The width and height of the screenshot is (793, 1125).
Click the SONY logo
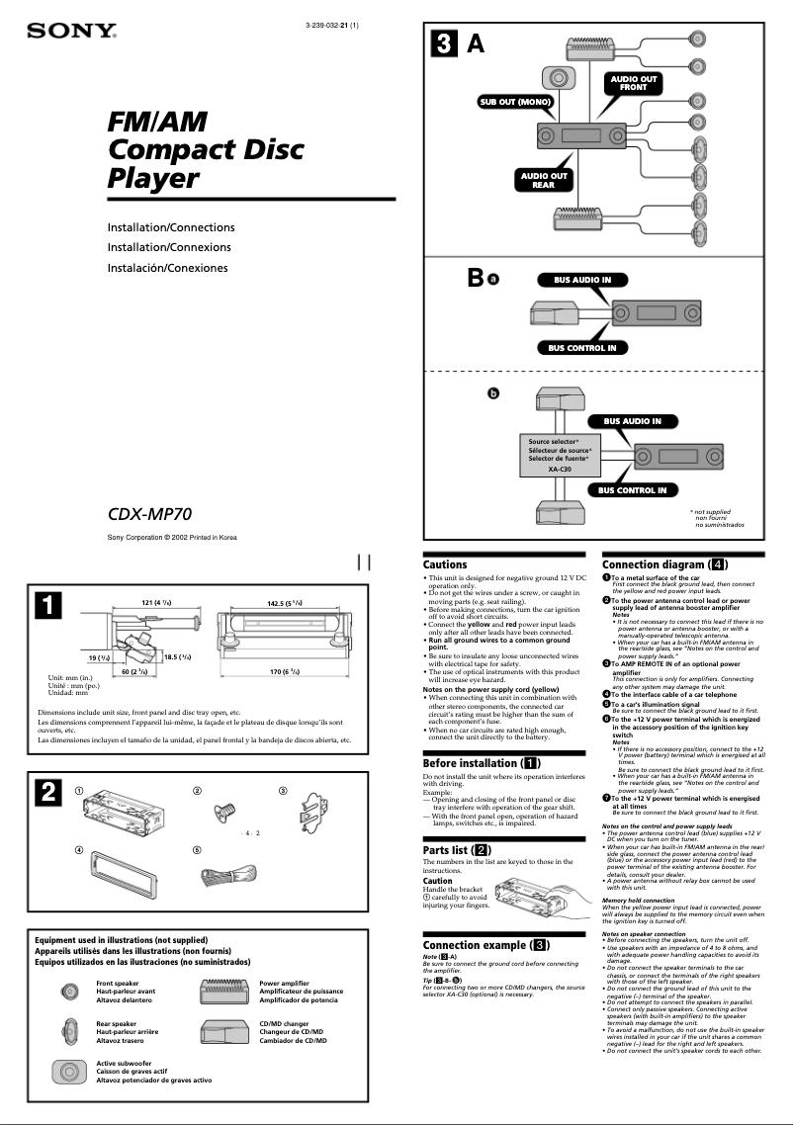71,32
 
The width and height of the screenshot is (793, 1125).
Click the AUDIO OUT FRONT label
633,82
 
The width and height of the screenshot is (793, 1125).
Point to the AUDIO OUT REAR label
544,180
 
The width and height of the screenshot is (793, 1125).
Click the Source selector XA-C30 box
560,455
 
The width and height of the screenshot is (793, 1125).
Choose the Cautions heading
445,564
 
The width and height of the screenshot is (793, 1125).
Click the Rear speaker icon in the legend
69,1031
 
